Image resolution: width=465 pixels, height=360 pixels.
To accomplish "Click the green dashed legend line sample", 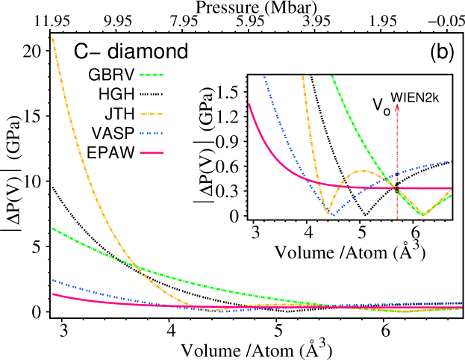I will [152, 75].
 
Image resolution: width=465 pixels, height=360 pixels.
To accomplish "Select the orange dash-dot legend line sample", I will [152, 114].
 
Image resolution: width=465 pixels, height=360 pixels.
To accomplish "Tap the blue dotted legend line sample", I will [152, 134].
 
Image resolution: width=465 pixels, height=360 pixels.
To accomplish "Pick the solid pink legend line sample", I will [152, 153].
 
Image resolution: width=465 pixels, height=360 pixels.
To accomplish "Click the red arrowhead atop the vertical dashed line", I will [397, 108].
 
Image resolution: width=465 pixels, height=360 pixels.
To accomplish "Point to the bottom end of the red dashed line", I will [397, 219].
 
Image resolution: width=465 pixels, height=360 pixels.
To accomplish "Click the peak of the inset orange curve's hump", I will [363, 170].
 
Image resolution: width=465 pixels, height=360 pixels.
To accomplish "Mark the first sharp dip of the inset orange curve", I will [328, 213].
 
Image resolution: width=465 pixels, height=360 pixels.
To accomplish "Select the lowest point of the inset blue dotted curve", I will [333, 215].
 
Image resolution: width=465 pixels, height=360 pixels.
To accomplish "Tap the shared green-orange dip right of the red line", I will [423, 215].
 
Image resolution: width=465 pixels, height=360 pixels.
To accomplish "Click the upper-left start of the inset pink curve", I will [249, 105].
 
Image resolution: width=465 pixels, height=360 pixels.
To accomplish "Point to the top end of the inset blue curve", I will [263, 75].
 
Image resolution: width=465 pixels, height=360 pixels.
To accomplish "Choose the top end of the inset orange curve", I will [302, 75].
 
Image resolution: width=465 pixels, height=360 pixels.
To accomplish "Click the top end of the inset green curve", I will [331, 75].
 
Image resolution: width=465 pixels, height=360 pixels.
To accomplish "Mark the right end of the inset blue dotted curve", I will [452, 161].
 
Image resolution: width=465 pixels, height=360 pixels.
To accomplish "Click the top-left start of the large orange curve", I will [52, 37].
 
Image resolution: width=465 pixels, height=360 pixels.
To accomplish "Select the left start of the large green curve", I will [52, 229].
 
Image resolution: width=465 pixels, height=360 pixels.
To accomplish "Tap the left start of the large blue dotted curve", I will [52, 280].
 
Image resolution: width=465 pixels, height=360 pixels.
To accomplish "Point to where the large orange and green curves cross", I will [137, 266].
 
